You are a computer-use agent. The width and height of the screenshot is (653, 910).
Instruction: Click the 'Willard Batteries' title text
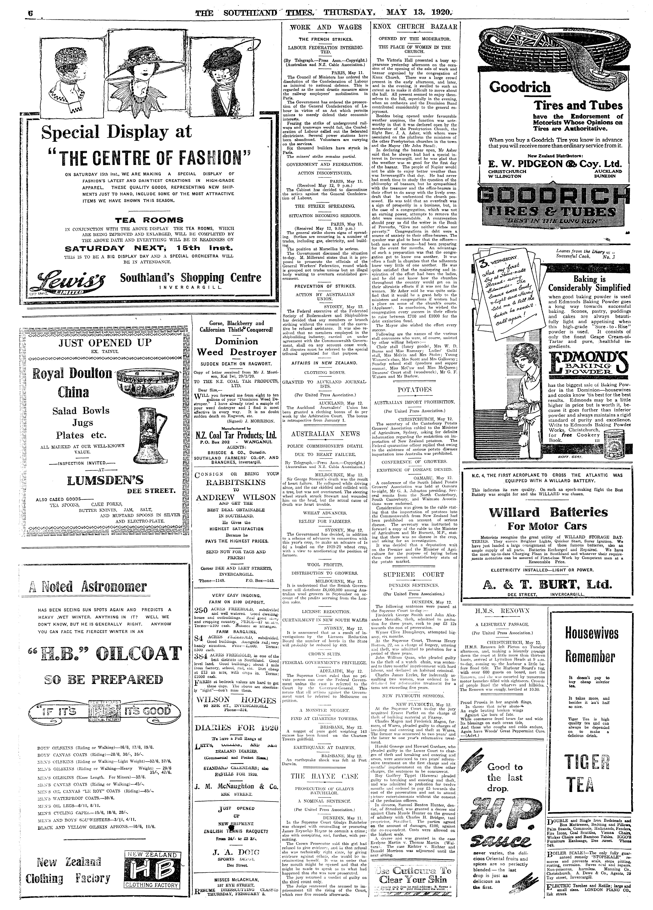(x=548, y=512)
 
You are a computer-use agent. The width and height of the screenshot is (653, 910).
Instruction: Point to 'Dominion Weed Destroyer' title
(x=236, y=347)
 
